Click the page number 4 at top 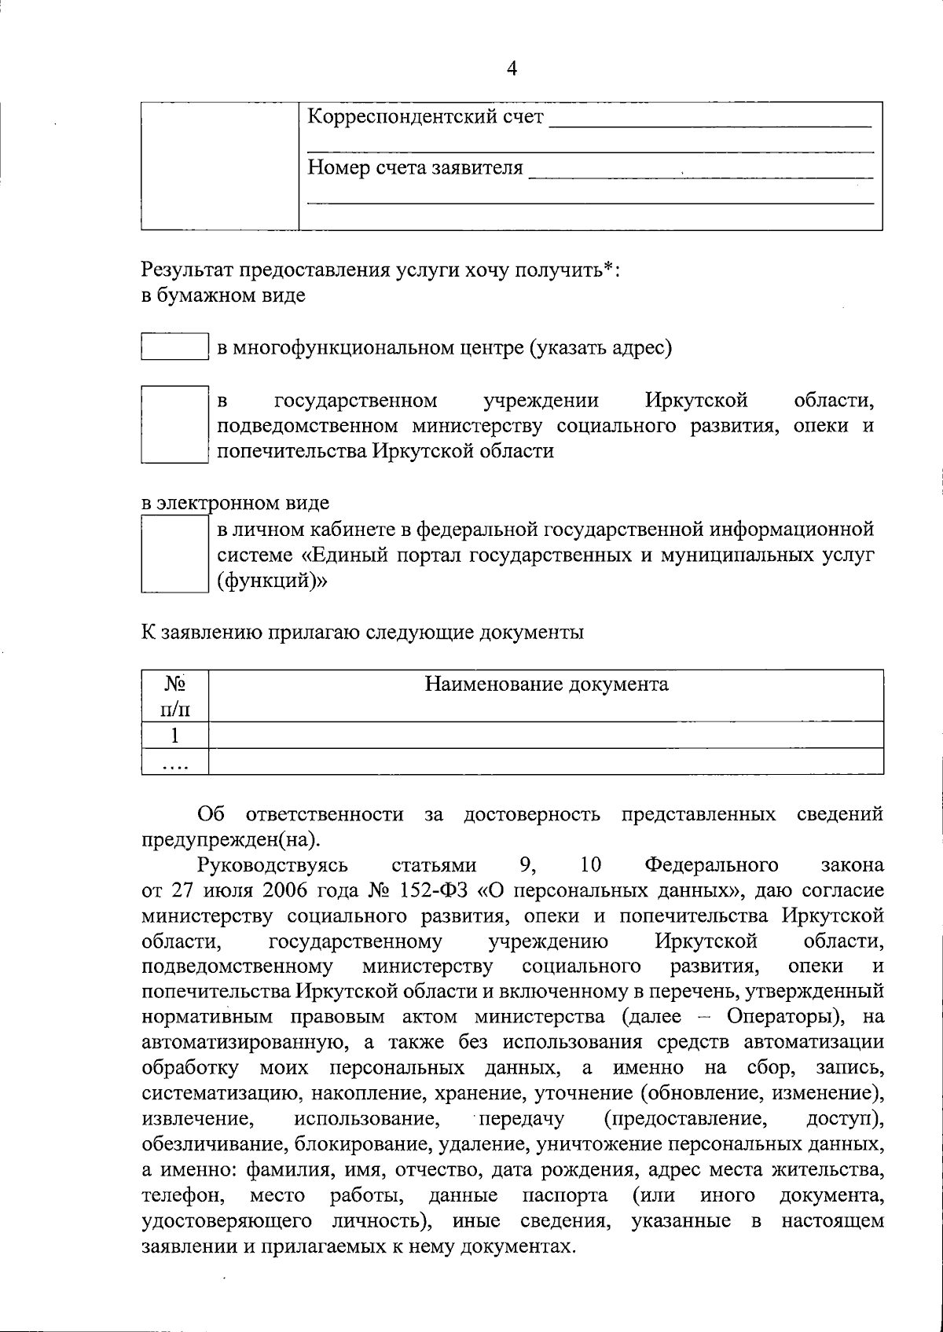tap(512, 69)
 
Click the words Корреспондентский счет tap(424, 118)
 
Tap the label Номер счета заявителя tap(414, 167)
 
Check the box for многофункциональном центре tap(174, 347)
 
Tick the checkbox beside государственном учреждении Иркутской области tap(174, 424)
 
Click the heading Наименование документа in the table tap(546, 684)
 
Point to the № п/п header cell tap(174, 696)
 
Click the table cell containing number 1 tap(174, 736)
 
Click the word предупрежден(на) tap(231, 839)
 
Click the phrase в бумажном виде tap(223, 296)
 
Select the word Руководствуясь tap(273, 865)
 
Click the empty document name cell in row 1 tap(546, 736)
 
